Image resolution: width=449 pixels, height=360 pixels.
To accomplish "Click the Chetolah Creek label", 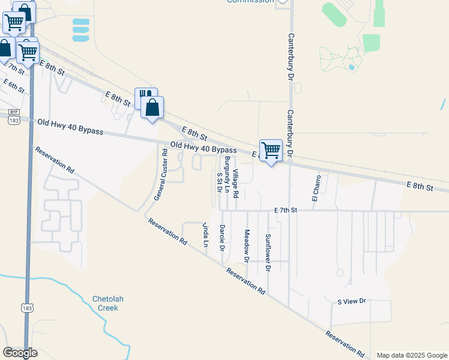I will click(105, 303).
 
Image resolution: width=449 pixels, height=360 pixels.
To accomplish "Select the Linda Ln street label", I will click(205, 235).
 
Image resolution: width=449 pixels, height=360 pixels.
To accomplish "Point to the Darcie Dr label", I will click(222, 238).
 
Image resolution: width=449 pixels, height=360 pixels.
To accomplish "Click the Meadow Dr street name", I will click(246, 245).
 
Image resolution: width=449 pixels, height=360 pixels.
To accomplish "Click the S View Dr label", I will click(351, 301).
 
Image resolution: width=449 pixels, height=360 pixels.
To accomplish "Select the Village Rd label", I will click(236, 184).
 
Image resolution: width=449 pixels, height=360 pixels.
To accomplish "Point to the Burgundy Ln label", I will click(227, 170).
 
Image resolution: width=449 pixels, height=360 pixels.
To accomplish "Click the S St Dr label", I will click(219, 182).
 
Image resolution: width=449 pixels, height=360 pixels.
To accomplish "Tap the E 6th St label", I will click(14, 86).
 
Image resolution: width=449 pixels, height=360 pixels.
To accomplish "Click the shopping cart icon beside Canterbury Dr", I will click(271, 150).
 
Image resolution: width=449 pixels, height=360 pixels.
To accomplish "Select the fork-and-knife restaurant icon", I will click(144, 97).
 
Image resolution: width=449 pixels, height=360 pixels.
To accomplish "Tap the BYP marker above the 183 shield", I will click(14, 112).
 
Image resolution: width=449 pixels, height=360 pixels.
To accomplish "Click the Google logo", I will click(20, 353).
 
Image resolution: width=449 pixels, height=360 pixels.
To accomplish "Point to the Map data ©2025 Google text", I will click(411, 355).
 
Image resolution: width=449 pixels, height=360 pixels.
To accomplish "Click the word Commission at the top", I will click(250, 1).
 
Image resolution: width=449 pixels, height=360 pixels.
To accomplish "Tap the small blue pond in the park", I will click(351, 67).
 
